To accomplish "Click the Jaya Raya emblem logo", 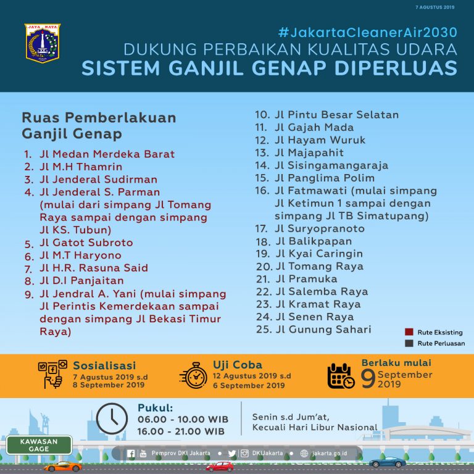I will coord(43,43).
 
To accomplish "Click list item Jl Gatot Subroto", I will coord(86,243).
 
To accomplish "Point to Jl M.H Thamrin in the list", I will coord(81,167).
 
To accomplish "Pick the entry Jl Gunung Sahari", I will coord(323,330).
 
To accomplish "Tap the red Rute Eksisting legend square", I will coord(409,331).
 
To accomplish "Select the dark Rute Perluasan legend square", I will coord(409,343).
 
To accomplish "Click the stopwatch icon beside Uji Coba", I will coord(193,374).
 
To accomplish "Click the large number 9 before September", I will coord(368,378).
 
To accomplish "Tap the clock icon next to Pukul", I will coord(112,418).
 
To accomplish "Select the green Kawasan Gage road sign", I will coord(38,444).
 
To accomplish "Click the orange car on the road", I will coord(62,466).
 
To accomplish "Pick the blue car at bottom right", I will coord(387,462).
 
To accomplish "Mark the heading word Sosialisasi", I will coord(104,365).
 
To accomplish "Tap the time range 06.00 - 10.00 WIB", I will coord(181,420).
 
